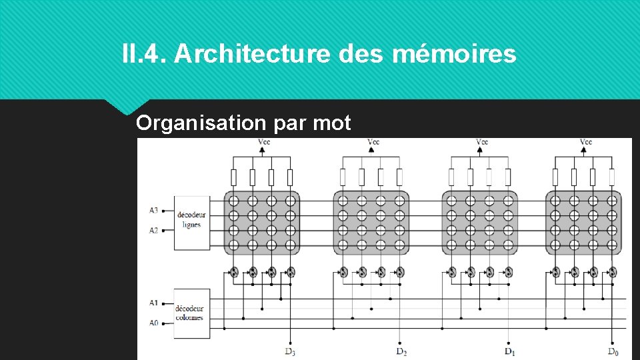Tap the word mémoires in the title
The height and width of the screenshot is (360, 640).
pos(454,54)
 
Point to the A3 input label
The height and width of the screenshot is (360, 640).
pos(154,211)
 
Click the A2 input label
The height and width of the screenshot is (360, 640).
pos(154,230)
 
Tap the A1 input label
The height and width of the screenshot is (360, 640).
pos(154,303)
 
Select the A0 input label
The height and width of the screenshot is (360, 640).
pos(154,323)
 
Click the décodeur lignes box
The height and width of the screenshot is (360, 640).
pos(192,222)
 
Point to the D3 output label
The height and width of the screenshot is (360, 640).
pos(290,351)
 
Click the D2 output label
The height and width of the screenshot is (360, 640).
pos(401,351)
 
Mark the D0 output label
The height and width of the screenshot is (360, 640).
pos(613,351)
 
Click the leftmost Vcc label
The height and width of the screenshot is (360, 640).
pos(265,142)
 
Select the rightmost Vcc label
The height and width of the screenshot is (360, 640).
pos(585,142)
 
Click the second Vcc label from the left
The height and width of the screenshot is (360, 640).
pos(373,142)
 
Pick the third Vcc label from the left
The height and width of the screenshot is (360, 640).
pos(482,142)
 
